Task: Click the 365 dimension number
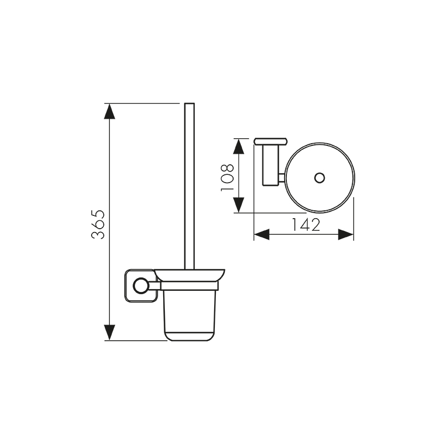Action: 98,225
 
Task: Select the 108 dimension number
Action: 227,177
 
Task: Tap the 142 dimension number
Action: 306,225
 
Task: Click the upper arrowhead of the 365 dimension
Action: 109,112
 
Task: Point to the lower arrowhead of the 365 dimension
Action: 109,332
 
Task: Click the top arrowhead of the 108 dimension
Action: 239,147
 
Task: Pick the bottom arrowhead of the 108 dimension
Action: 239,205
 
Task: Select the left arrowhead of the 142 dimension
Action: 261,234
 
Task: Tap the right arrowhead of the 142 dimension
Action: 346,234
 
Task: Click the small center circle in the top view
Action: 320,178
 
